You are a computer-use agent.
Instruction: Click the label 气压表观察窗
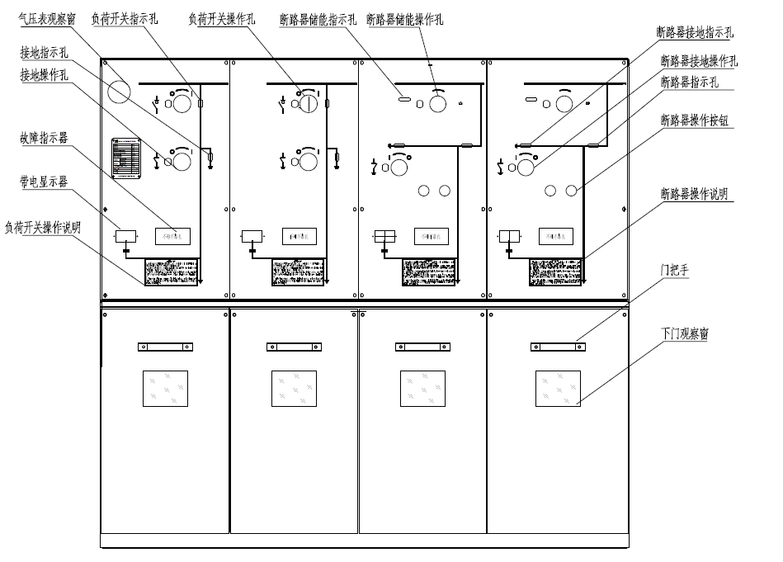pyautogui.click(x=46, y=19)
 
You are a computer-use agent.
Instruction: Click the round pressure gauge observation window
pyautogui.click(x=120, y=91)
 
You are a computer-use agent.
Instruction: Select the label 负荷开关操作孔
pyautogui.click(x=223, y=19)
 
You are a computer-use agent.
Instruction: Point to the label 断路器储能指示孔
pyautogui.click(x=318, y=19)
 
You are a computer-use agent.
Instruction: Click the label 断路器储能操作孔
pyautogui.click(x=404, y=19)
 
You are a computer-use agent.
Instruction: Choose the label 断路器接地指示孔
pyautogui.click(x=694, y=33)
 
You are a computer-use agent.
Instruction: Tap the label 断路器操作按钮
pyautogui.click(x=694, y=120)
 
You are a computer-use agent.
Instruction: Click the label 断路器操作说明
pyautogui.click(x=694, y=195)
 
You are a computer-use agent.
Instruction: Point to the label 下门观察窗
pyautogui.click(x=684, y=334)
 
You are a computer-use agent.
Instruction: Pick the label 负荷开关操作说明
pyautogui.click(x=42, y=227)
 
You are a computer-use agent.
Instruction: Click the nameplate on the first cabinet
pyautogui.click(x=126, y=158)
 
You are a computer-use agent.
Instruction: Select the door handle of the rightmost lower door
pyautogui.click(x=558, y=347)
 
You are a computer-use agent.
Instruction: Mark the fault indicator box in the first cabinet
pyautogui.click(x=173, y=236)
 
